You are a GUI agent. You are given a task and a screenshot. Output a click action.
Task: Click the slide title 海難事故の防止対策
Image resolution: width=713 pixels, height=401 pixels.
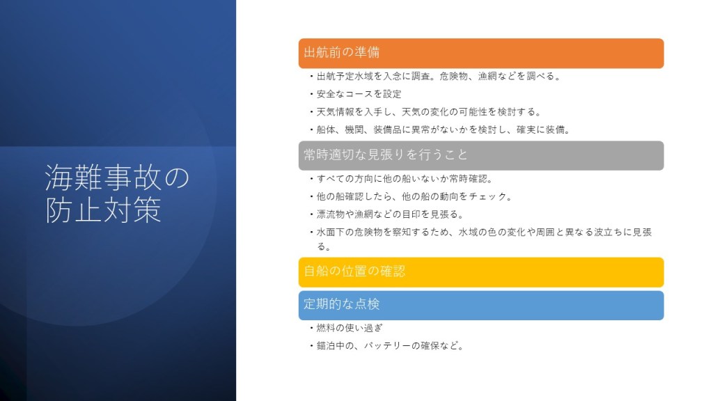117,194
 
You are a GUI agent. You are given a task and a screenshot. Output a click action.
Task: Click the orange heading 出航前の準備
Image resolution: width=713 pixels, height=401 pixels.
341,52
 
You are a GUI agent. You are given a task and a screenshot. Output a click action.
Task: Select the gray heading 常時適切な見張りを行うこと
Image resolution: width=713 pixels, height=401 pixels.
386,155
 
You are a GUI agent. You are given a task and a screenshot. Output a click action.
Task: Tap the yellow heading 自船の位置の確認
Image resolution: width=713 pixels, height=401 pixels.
354,271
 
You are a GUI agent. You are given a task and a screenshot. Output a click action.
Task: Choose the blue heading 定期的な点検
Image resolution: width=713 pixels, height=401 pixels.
341,304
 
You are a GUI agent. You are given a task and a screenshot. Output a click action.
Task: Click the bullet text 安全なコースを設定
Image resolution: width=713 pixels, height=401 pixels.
359,94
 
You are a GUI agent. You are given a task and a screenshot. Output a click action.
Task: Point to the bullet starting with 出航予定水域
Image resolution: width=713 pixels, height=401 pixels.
439,77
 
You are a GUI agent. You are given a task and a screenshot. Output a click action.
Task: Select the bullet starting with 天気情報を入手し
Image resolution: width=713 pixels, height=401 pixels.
429,112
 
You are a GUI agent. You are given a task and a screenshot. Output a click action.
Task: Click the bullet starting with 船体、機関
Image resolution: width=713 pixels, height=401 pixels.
444,129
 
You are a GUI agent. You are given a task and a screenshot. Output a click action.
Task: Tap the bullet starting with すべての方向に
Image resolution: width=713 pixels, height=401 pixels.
405,179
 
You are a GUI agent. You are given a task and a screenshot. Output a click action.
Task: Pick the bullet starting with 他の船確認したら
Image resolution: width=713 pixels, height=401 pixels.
414,196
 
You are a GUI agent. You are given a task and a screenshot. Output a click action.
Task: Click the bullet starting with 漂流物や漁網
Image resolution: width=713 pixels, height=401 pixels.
390,214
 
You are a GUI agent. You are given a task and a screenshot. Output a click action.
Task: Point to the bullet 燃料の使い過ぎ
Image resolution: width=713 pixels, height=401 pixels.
350,328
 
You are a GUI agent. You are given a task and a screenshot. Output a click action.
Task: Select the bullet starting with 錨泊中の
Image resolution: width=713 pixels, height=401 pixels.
390,345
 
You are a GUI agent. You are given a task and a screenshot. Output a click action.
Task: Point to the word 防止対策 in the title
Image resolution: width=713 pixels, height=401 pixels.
103,210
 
